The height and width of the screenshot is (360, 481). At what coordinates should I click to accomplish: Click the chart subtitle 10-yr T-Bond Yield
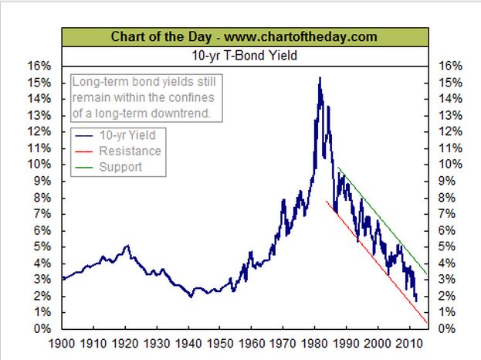[x=244, y=56]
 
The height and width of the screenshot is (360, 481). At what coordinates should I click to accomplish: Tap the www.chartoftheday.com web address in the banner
[x=300, y=37]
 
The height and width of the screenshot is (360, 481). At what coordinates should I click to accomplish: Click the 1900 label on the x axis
[x=62, y=343]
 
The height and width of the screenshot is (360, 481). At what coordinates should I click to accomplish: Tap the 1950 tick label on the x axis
[x=219, y=343]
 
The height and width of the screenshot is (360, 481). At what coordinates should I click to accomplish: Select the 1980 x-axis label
[x=314, y=343]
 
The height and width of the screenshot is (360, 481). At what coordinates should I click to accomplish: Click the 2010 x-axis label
[x=409, y=343]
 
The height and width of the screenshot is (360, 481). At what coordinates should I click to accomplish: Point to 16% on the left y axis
[x=39, y=66]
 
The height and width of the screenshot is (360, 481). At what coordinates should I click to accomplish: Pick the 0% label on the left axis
[x=42, y=328]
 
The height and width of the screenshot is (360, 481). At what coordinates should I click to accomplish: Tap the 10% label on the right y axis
[x=450, y=165]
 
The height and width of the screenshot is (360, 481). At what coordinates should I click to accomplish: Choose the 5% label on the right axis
[x=446, y=246]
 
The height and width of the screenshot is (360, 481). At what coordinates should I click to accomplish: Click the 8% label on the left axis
[x=42, y=197]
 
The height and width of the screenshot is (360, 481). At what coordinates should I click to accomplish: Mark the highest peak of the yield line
[x=320, y=77]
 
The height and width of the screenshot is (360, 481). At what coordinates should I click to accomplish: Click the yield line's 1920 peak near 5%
[x=127, y=246]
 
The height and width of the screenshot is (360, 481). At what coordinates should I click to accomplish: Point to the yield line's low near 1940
[x=191, y=297]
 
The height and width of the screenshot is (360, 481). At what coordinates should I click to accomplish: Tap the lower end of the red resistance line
[x=426, y=322]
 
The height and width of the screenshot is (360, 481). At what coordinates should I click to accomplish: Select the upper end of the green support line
[x=337, y=168]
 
